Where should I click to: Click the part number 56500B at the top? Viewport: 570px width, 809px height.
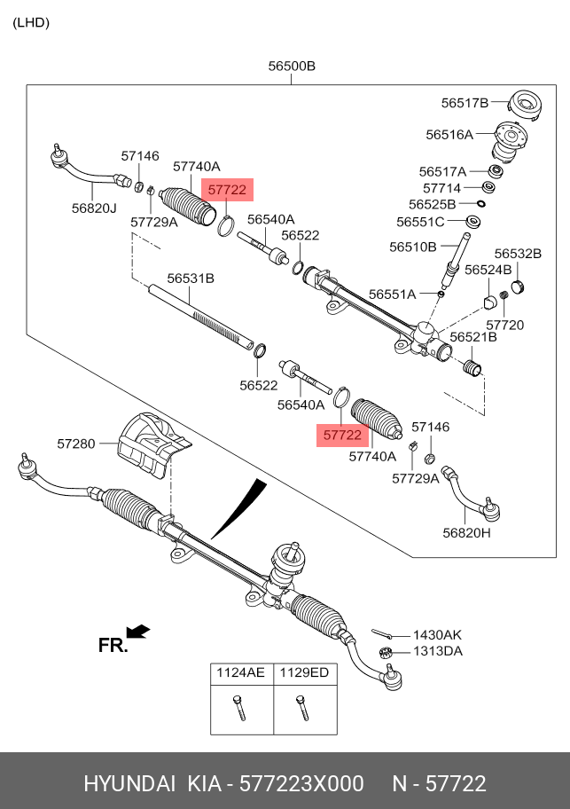292,67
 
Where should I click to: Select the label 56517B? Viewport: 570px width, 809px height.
465,103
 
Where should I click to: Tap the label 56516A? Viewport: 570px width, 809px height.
449,135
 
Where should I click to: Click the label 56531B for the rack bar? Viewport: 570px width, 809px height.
191,278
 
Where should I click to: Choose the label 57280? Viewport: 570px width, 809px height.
76,443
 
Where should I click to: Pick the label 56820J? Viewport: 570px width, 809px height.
94,208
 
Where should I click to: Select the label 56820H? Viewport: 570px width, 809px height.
467,533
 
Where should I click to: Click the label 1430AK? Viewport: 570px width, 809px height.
437,635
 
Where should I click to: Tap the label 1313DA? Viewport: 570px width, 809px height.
437,652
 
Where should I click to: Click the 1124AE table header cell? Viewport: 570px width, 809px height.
241,673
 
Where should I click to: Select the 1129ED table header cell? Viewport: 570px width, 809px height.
304,673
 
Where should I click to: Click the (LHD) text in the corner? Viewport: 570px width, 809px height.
31,23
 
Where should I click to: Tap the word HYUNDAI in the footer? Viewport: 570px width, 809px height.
129,784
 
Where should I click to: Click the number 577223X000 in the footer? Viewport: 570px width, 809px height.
302,784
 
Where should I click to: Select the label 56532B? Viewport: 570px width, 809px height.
518,254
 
